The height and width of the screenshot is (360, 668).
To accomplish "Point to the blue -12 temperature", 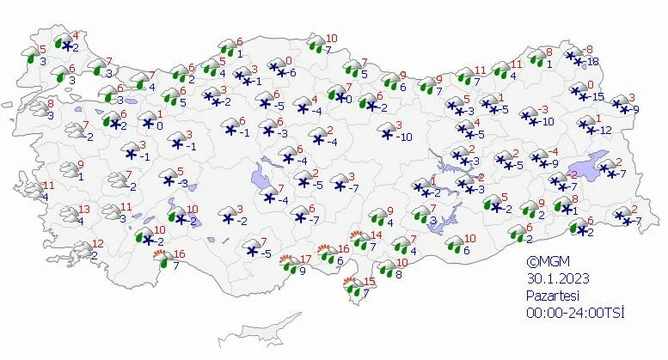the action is click(605, 130).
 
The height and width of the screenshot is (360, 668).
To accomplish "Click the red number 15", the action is click(370, 282).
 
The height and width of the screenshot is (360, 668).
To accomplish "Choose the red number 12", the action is click(98, 243).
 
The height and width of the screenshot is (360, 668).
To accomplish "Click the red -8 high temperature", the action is click(589, 50).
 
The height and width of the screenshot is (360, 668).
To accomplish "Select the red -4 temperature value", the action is click(540, 152).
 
